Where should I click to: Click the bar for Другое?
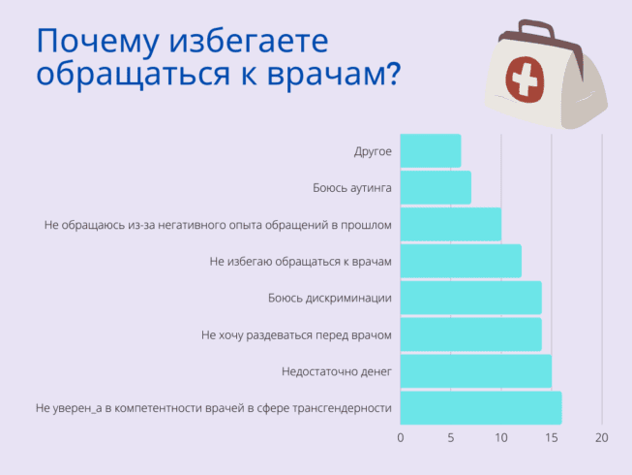pyautogui.click(x=430, y=151)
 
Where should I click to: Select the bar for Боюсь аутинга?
pyautogui.click(x=436, y=188)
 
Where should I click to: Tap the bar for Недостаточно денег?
pyautogui.click(x=475, y=371)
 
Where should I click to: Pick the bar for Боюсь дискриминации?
pyautogui.click(x=470, y=298)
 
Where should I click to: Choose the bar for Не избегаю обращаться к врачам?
pyautogui.click(x=461, y=261)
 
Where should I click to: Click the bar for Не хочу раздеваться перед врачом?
pyautogui.click(x=470, y=334)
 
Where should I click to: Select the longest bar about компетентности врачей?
pyautogui.click(x=480, y=408)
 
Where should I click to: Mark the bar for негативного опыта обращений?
pyautogui.click(x=450, y=225)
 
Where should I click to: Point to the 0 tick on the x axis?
pyautogui.click(x=401, y=437)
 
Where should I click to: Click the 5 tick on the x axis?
pyautogui.click(x=451, y=437)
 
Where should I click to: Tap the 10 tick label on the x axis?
pyautogui.click(x=501, y=437)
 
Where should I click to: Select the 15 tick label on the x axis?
pyautogui.click(x=552, y=437)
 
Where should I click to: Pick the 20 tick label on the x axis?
pyautogui.click(x=602, y=437)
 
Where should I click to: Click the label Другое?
pyautogui.click(x=373, y=152)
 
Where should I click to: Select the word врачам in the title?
pyautogui.click(x=323, y=75)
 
